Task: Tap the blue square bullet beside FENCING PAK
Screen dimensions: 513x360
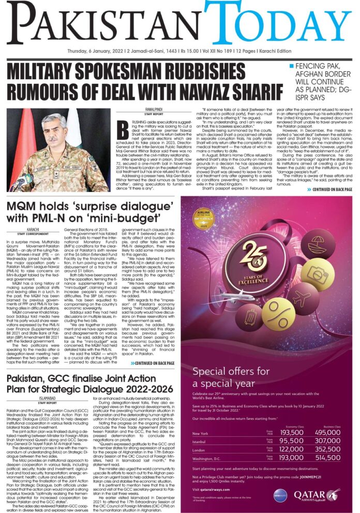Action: tap(292, 66)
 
